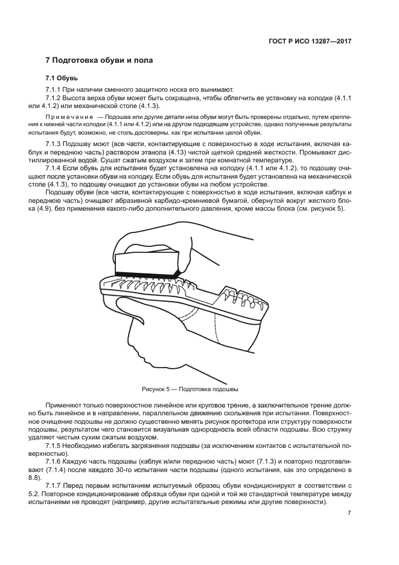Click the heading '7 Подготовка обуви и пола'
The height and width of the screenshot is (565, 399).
(x=100, y=61)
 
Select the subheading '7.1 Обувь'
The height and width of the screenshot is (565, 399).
(x=62, y=78)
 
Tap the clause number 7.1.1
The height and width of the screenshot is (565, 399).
(x=55, y=89)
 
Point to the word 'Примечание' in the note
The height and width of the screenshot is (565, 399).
(x=68, y=115)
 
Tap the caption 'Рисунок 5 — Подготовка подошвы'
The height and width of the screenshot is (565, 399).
(x=194, y=389)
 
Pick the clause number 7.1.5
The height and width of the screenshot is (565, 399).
(x=55, y=444)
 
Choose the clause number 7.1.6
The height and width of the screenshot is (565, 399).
(x=55, y=460)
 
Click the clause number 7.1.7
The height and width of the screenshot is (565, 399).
(x=55, y=485)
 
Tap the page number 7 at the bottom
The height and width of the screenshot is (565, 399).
(x=350, y=513)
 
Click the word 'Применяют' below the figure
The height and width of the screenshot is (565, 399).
(x=62, y=404)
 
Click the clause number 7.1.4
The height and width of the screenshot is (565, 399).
(x=55, y=168)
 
